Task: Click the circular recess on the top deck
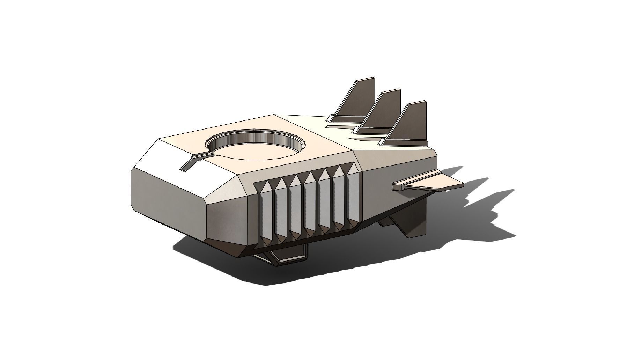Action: [257, 150]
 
